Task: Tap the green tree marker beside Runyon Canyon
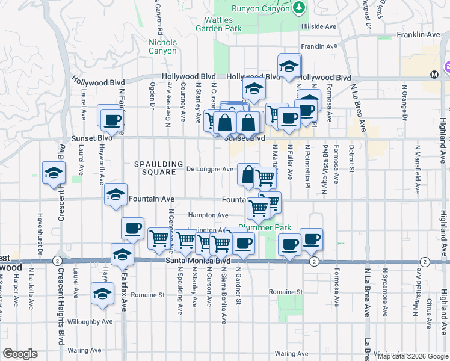(x=299, y=8)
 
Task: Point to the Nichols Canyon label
(x=162, y=46)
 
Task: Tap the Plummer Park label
(x=265, y=227)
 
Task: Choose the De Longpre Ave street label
(x=209, y=169)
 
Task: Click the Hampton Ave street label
(x=208, y=215)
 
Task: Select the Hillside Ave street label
(x=319, y=27)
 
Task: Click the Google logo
(x=20, y=354)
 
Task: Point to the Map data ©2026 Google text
(x=413, y=356)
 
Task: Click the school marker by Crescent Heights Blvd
(x=54, y=172)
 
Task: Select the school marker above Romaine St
(x=102, y=294)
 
